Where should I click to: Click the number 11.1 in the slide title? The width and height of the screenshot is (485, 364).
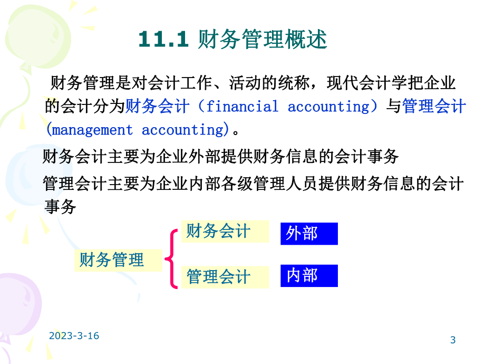point(163,40)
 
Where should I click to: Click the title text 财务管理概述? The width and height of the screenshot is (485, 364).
point(263,40)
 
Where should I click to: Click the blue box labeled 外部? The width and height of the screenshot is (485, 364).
point(308,234)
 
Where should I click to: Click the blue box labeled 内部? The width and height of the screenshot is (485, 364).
point(308,275)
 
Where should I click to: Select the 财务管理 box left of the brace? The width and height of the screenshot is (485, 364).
point(112,260)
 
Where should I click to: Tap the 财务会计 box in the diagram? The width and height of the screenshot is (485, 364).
point(218,231)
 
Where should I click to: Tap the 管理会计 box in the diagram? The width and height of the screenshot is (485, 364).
point(218,277)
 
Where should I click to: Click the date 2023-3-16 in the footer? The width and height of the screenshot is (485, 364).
point(74,336)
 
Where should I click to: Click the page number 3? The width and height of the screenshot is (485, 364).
point(453,340)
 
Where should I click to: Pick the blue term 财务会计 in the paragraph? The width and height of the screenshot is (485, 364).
point(157,107)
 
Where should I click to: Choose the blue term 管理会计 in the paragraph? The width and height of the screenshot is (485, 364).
point(434,107)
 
